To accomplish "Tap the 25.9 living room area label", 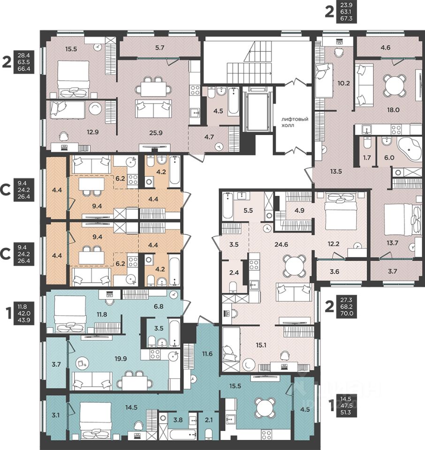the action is coord(156,133).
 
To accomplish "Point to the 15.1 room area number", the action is coord(261,345).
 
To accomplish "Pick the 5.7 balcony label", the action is coord(159,48).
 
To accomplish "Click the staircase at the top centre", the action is coord(249,62).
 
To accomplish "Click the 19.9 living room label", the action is coord(121,359).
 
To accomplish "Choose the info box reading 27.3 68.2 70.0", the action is coord(346,307).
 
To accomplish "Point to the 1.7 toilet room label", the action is coord(367,157).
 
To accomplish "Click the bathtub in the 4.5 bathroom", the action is coord(233,101).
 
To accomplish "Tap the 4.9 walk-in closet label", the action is coord(299,210).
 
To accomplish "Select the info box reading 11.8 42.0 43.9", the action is coord(24,313).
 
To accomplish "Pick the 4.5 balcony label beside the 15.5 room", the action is coord(305,410).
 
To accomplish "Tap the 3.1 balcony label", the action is coord(56,415).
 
